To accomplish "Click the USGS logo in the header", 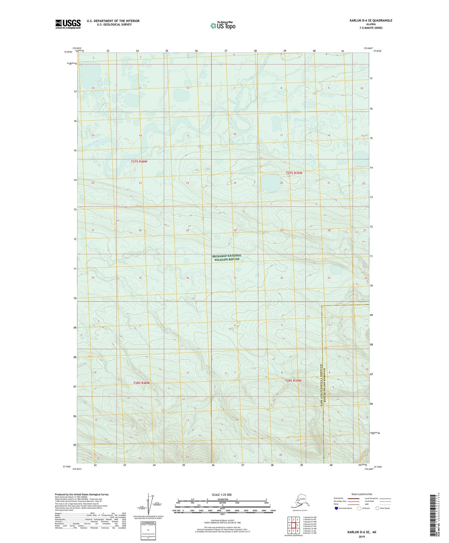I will [x=68, y=24].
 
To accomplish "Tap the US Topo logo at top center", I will [x=223, y=26].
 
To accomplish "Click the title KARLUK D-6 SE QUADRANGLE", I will [x=371, y=21].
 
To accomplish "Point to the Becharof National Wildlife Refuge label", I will [x=227, y=258].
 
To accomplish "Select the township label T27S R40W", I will [x=139, y=161].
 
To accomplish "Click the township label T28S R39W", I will [x=293, y=381].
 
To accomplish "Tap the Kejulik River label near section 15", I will [x=95, y=143].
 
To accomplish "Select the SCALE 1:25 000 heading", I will [x=222, y=494].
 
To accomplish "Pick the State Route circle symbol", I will [x=378, y=508].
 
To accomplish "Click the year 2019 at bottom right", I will [x=362, y=536].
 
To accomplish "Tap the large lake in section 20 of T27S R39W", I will [x=269, y=183].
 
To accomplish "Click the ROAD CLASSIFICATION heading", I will [x=362, y=494].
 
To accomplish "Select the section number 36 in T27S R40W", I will [x=187, y=278].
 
